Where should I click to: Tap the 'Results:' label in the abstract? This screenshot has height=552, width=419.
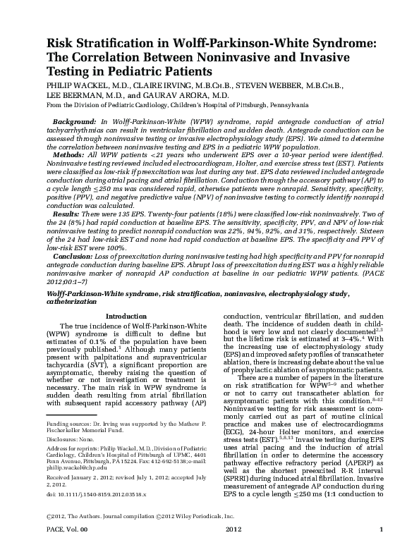click(69, 213)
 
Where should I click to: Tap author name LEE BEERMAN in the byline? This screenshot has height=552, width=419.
click(73, 94)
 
